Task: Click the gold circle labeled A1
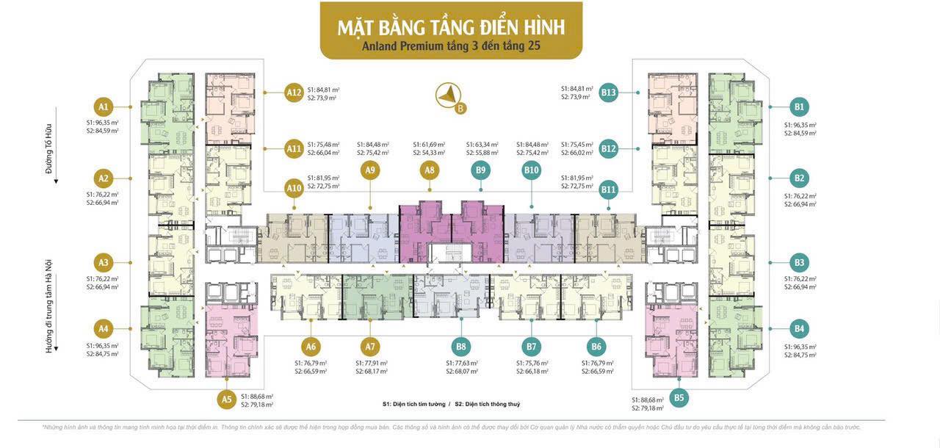104,106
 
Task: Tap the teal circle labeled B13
608,93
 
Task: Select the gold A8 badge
430,170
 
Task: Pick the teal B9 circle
480,170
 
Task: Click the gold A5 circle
227,400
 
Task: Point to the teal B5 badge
679,398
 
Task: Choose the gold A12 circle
294,93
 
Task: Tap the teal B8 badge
461,347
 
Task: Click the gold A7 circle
370,347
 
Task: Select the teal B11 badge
608,189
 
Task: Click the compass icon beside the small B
447,95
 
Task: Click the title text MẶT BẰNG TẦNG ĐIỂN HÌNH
451,27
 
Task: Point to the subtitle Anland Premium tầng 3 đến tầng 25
451,46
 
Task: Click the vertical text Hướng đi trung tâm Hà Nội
49,306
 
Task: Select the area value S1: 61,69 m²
429,145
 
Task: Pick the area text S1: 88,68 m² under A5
254,397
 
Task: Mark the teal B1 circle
799,106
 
